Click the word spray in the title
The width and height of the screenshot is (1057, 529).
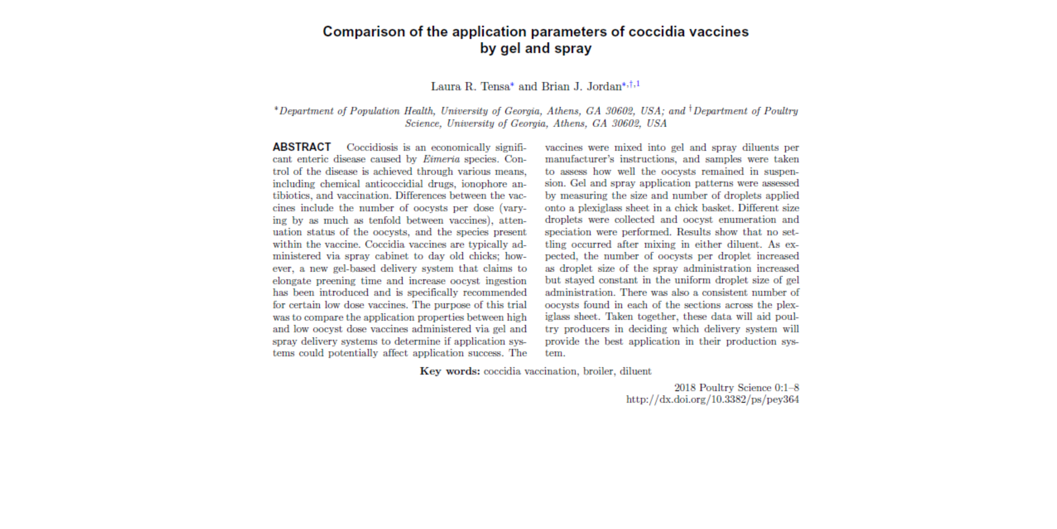pyautogui.click(x=573, y=48)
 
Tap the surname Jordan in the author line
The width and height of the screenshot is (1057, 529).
pyautogui.click(x=604, y=87)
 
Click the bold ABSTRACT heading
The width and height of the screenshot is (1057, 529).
pyautogui.click(x=302, y=147)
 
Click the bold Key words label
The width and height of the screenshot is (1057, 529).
pyautogui.click(x=450, y=371)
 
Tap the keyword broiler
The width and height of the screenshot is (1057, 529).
pyautogui.click(x=598, y=371)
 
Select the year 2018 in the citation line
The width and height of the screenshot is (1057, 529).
pyautogui.click(x=685, y=388)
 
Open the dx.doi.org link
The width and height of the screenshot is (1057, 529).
pyautogui.click(x=712, y=400)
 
